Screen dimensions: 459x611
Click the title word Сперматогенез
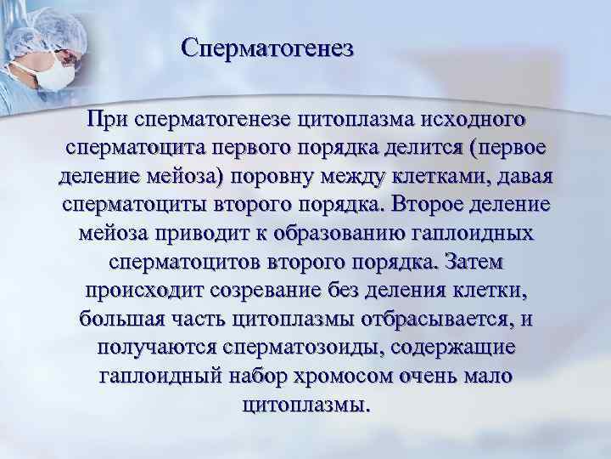266,48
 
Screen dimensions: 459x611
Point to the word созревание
271,292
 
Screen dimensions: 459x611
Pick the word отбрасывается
424,320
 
